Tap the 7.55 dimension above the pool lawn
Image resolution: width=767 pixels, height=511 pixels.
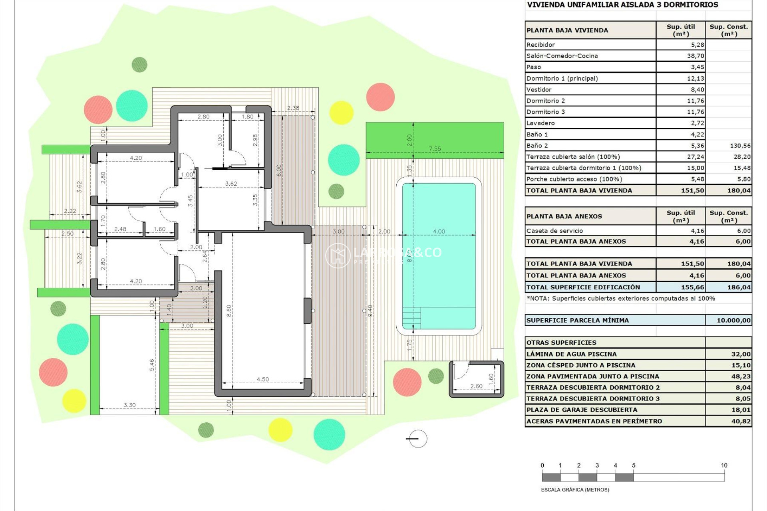435,149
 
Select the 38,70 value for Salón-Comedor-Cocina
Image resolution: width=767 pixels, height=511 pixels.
695,56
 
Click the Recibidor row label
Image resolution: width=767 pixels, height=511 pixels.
540,45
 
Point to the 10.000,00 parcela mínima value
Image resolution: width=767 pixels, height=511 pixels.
733,320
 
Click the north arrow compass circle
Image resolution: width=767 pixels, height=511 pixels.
418,439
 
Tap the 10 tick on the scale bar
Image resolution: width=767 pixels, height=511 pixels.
724,465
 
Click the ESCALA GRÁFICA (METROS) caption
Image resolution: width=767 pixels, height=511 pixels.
575,489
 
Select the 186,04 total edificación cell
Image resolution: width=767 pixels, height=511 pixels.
739,287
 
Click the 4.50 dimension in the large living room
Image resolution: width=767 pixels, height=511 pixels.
263,379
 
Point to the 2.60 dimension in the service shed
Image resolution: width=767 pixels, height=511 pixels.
476,386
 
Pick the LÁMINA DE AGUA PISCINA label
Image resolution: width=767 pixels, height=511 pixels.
571,354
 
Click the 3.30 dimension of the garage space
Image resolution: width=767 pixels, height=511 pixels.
129,405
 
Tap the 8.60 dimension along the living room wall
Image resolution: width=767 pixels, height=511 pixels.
229,311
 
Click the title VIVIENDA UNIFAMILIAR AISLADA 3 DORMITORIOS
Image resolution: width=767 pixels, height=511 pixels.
622,5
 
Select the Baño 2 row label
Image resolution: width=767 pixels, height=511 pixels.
537,146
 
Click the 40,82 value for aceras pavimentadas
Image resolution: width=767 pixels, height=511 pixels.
741,421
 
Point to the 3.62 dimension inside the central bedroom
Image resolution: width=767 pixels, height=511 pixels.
231,184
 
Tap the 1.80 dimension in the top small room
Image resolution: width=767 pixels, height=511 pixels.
247,117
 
